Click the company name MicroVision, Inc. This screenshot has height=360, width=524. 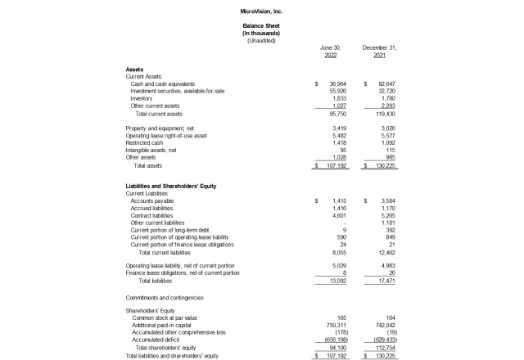point(261,11)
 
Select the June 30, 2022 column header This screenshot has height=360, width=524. point(330,52)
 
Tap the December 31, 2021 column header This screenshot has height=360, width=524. point(379,52)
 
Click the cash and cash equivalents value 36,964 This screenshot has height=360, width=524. point(337,84)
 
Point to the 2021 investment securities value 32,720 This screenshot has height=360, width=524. point(386,92)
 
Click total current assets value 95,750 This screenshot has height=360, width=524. point(337,113)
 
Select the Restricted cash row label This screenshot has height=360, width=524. point(142,142)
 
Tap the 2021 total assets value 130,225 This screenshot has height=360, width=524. point(384,165)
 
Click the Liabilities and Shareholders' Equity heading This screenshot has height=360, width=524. point(170,186)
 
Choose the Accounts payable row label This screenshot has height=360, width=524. point(151,200)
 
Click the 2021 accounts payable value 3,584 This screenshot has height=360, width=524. point(387,200)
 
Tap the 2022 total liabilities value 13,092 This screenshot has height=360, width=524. point(337,281)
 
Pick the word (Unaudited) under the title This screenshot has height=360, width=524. point(261,40)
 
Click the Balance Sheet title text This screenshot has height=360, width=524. point(261,26)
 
